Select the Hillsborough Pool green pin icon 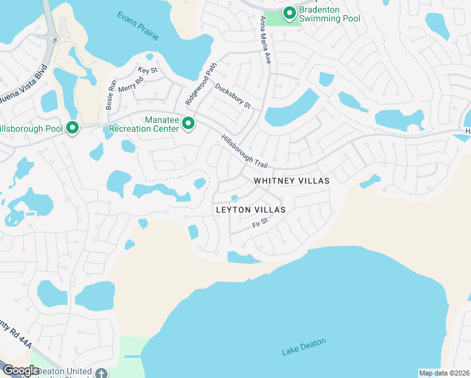point(72,128)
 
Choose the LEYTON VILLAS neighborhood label point(251,209)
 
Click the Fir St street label point(260,223)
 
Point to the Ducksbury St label point(233,96)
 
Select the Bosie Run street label point(111,95)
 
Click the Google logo point(21,370)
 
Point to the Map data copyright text point(445,373)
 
